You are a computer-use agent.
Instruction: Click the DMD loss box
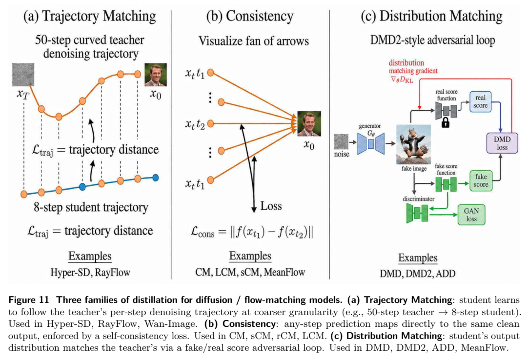click(x=502, y=143)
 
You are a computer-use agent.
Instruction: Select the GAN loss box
click(x=471, y=215)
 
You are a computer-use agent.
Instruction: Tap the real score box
click(x=480, y=101)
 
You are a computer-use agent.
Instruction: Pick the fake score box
click(x=481, y=180)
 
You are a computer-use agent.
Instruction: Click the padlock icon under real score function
click(x=446, y=122)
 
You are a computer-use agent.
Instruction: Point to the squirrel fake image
click(x=413, y=144)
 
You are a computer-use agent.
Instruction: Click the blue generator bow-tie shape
click(x=371, y=143)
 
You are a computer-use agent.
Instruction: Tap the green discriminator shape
click(x=417, y=213)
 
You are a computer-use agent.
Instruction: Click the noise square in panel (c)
click(x=341, y=142)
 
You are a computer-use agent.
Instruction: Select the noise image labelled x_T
click(x=23, y=75)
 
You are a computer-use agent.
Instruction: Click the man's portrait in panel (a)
click(x=156, y=75)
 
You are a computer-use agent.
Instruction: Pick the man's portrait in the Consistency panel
click(x=309, y=124)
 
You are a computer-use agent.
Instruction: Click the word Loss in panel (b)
click(x=271, y=206)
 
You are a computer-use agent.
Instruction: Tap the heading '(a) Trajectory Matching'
click(x=89, y=16)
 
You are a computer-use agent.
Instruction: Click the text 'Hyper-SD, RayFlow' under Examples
click(x=90, y=272)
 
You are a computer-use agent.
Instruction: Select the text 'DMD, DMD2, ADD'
click(x=417, y=274)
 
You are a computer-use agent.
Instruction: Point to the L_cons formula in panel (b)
click(x=252, y=232)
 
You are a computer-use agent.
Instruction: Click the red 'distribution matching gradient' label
click(x=413, y=71)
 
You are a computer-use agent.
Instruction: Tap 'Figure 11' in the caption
click(x=29, y=300)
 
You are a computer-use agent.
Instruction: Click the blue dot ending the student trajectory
click(x=155, y=178)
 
